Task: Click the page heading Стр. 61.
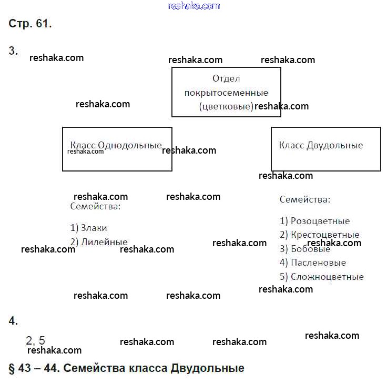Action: [30, 24]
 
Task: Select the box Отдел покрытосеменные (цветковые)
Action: [226, 92]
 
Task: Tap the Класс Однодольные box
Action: [117, 149]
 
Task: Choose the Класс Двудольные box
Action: [325, 149]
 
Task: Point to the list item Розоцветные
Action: [314, 221]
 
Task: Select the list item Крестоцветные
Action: [319, 235]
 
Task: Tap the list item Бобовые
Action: [305, 249]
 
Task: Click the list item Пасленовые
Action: [312, 263]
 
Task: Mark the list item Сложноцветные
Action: [321, 277]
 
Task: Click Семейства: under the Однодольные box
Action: [96, 206]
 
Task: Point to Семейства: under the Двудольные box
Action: [305, 199]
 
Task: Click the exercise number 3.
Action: [13, 51]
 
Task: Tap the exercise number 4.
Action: [13, 321]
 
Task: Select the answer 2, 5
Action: [35, 340]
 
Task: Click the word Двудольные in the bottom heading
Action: [208, 368]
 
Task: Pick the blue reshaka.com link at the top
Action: [193, 6]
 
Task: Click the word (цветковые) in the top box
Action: [226, 106]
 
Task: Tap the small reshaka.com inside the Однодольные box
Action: [86, 152]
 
